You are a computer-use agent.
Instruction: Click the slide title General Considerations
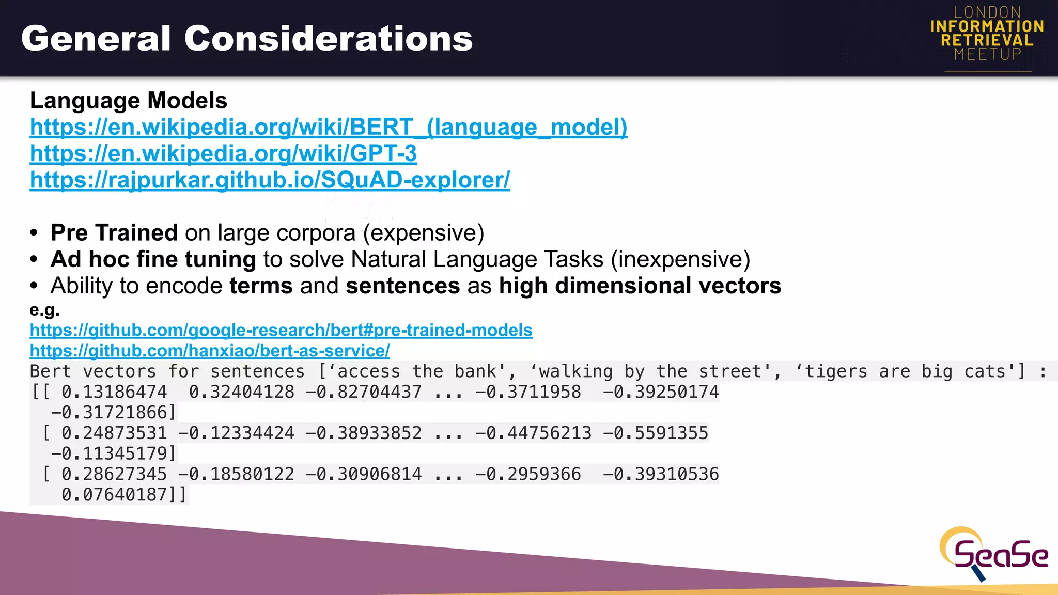[x=247, y=39]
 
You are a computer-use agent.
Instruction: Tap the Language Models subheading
[x=129, y=101]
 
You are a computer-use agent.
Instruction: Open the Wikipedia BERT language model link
[x=329, y=127]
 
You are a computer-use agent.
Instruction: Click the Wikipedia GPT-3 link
[x=223, y=153]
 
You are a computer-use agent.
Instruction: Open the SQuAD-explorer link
[x=270, y=180]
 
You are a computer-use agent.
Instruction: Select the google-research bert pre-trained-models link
[x=281, y=330]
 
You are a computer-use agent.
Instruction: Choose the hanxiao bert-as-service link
[x=210, y=351]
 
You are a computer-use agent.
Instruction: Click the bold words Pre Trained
[x=114, y=233]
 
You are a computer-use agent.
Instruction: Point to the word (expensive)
[x=424, y=233]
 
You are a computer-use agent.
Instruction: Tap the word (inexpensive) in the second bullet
[x=680, y=259]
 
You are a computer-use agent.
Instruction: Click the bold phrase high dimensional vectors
[x=640, y=286]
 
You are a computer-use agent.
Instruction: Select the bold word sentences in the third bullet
[x=403, y=286]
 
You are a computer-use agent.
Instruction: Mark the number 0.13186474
[x=114, y=392]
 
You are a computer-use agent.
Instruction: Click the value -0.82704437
[x=364, y=392]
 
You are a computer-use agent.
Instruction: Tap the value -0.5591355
[x=656, y=433]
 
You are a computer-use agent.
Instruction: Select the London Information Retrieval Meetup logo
[x=987, y=34]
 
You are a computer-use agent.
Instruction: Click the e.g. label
[x=45, y=310]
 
